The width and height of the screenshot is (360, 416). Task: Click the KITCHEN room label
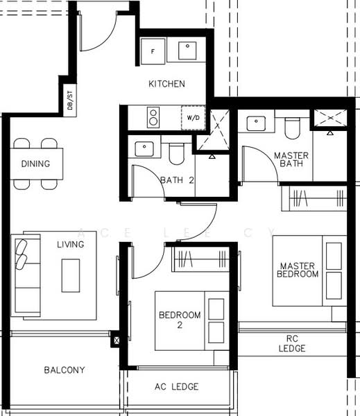coord(166,84)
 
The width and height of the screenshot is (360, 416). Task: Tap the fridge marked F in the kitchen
coord(153,51)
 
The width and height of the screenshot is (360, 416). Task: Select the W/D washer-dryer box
coord(192,117)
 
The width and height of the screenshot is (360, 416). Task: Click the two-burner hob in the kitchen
coord(153,117)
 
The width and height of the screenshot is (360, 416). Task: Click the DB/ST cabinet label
coord(70,101)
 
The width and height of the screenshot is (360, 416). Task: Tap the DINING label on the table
coord(35,164)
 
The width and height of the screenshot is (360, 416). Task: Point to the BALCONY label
coord(64,370)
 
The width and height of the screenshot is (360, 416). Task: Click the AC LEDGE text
coord(176,386)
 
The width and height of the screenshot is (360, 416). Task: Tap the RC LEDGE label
coord(292,343)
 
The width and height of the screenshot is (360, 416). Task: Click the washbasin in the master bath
coord(257,123)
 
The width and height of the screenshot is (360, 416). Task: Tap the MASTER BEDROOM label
coord(299,270)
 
